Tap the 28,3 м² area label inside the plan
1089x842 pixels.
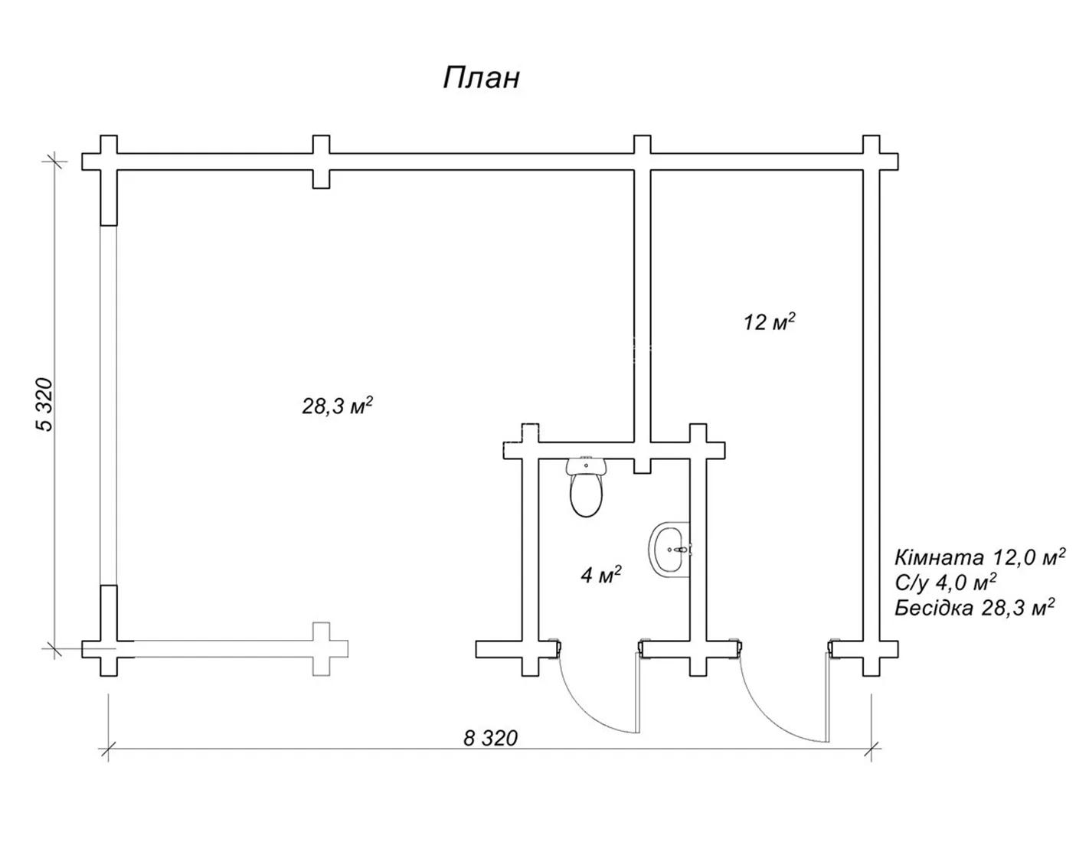coord(337,405)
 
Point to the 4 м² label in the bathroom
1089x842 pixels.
coord(601,575)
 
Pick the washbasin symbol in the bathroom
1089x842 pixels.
coord(670,549)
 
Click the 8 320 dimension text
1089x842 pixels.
coord(490,738)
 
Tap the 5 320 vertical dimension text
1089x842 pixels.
coord(44,405)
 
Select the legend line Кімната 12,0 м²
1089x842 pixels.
coord(979,557)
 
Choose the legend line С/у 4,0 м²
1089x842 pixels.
coord(945,582)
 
